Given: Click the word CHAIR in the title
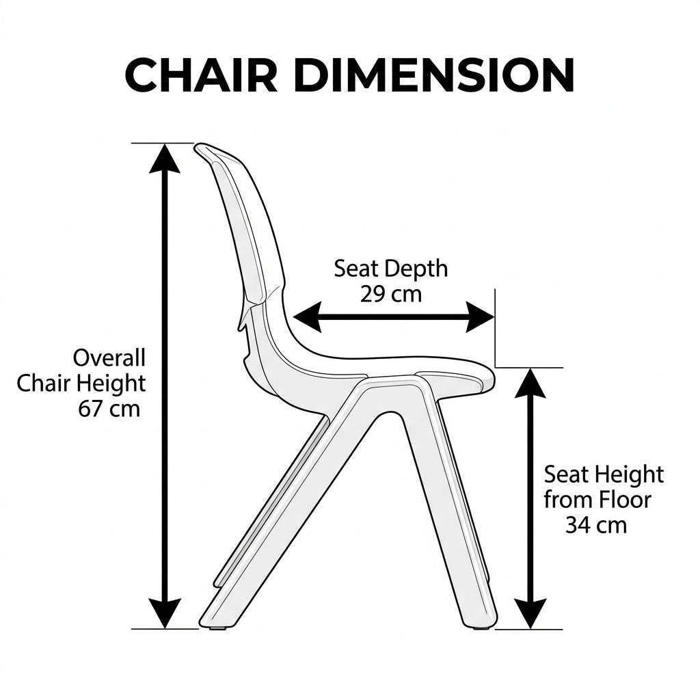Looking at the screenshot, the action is pos(202,75).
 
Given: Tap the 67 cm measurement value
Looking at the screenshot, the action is pos(109,409).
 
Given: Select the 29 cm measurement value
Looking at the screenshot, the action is pos(391,294).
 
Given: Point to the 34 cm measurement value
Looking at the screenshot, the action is pos(596,524).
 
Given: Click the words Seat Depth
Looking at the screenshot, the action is pos(391,269).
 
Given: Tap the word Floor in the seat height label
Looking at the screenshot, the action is pos(625,500).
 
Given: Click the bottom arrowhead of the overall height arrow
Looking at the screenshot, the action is pos(165,613).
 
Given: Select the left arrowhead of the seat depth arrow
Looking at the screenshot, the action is pos(308,317).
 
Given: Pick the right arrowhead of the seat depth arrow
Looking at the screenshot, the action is pos(481,317).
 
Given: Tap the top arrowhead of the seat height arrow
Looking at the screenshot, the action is pos(530,383).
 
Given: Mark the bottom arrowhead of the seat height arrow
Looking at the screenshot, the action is pos(530,614).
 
